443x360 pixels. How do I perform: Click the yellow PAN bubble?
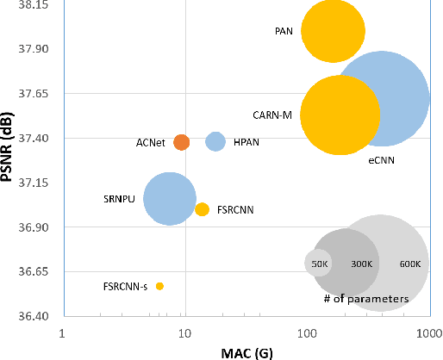click(x=333, y=31)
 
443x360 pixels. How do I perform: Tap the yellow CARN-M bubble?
click(x=340, y=115)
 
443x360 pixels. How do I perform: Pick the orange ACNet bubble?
click(x=181, y=142)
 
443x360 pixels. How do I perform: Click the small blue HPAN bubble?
click(x=215, y=141)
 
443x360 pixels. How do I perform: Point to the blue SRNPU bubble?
click(x=170, y=198)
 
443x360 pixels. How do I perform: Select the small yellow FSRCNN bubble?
click(x=202, y=209)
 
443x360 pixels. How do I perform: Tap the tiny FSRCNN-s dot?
click(x=159, y=286)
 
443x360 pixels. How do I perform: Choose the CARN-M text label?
click(x=272, y=115)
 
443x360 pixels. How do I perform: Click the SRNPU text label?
click(x=120, y=199)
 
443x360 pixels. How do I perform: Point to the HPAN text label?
click(x=247, y=142)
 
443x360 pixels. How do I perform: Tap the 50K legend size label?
click(x=318, y=264)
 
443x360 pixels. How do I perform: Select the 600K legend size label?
click(x=409, y=264)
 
